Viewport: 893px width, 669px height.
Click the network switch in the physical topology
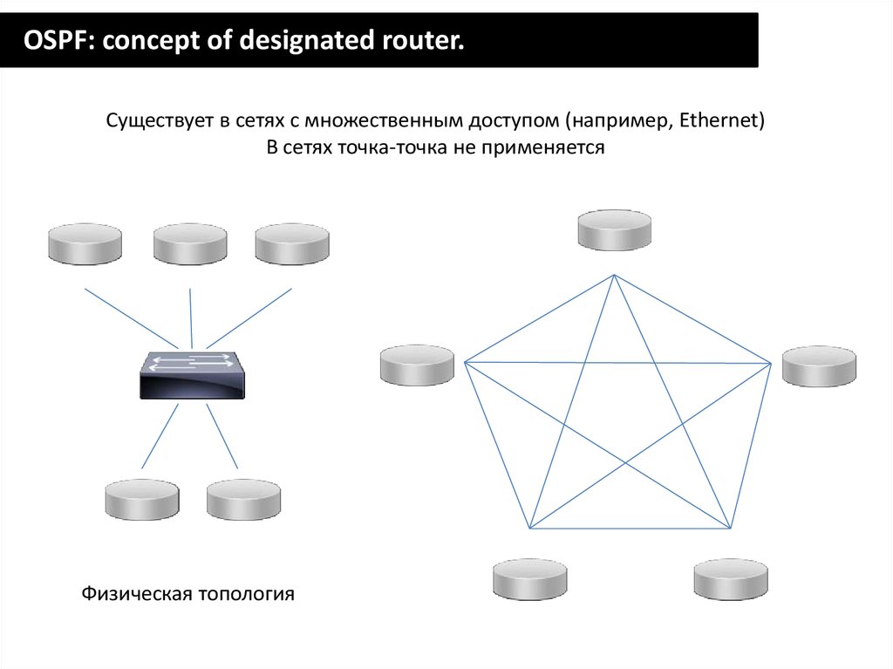tap(193, 375)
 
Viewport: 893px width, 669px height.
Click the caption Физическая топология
tap(188, 595)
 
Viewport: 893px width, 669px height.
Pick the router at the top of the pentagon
tap(615, 229)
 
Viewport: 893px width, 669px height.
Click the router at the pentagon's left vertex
tap(417, 365)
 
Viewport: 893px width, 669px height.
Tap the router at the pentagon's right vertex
tap(819, 366)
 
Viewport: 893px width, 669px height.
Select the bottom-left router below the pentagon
tap(529, 579)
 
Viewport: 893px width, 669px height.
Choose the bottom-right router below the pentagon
tap(731, 579)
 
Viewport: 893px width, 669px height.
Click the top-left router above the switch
tap(85, 244)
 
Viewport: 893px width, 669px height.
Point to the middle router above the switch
tap(190, 244)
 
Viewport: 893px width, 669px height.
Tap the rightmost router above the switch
tap(292, 244)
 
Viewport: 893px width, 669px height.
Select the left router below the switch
tap(142, 500)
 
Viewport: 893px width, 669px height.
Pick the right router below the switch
tap(244, 500)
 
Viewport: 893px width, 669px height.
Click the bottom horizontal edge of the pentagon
tap(630, 529)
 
